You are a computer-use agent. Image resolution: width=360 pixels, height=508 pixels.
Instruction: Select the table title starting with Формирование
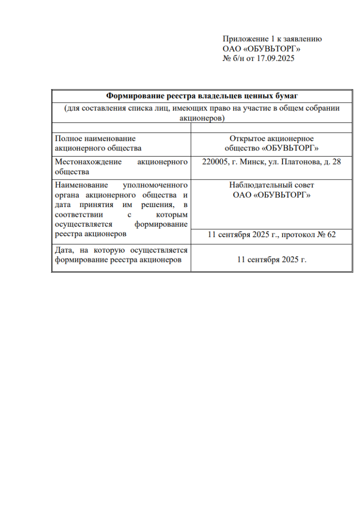click(202, 96)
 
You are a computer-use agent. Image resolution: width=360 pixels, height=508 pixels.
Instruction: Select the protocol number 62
click(331, 235)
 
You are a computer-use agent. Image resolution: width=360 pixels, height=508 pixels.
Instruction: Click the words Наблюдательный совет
click(271, 185)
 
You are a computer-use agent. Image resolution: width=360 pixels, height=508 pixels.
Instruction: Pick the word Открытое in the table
click(247, 139)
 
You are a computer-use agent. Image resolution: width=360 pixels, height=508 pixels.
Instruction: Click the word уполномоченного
click(155, 185)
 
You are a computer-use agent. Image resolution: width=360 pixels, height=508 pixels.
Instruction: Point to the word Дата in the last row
click(64, 251)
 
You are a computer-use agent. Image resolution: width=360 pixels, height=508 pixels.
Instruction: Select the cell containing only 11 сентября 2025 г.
click(271, 259)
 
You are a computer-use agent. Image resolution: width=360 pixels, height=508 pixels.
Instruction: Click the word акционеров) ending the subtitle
click(202, 118)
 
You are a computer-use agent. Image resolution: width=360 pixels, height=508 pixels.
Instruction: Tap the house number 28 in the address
click(336, 162)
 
